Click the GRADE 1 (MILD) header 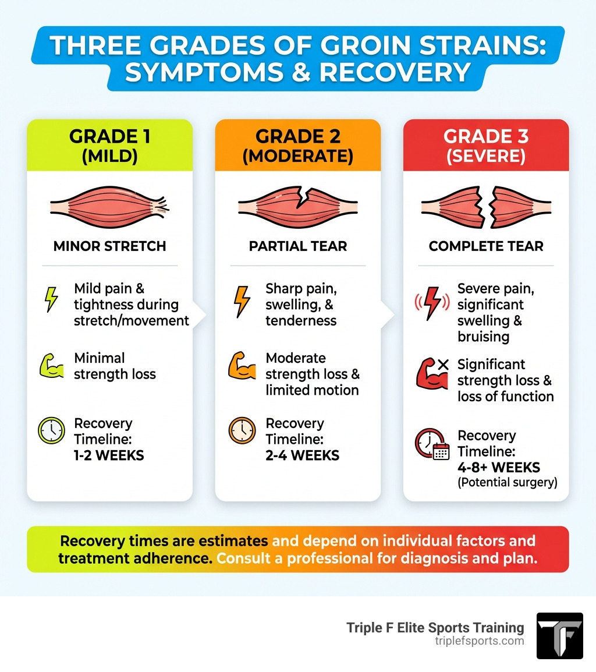click(109, 145)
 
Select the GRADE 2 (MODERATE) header click(297, 145)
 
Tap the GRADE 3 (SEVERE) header click(485, 145)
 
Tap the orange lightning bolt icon click(242, 300)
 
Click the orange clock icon click(242, 431)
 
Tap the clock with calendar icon click(432, 445)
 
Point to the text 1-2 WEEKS click(109, 455)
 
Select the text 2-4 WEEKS click(302, 455)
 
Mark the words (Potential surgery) click(507, 483)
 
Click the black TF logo click(559, 635)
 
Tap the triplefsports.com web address click(479, 641)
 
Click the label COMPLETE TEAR click(486, 246)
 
